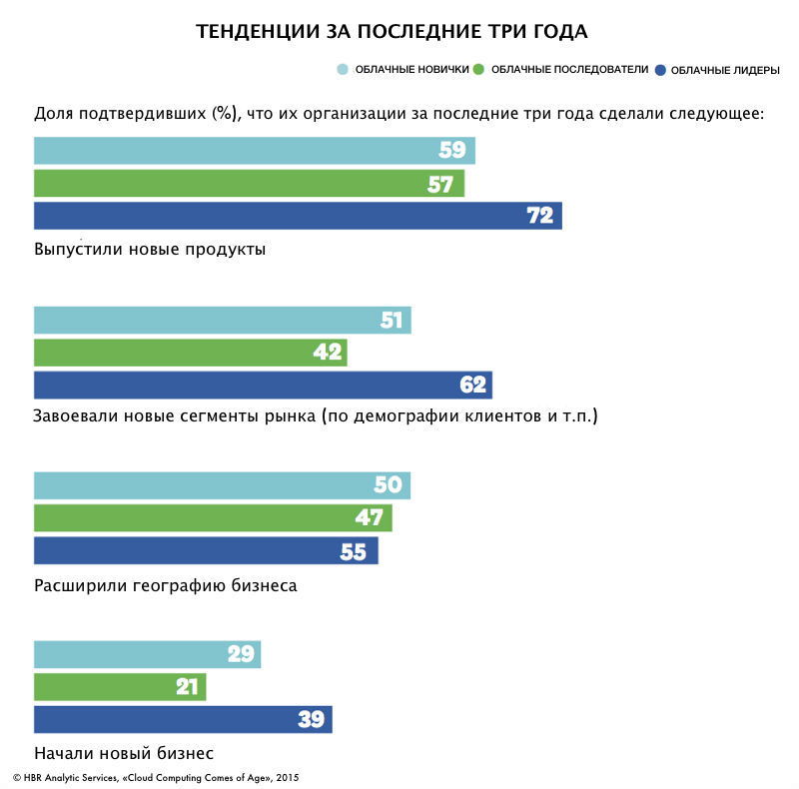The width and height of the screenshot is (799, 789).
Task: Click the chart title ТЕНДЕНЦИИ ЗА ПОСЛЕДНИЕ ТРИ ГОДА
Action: [x=392, y=32]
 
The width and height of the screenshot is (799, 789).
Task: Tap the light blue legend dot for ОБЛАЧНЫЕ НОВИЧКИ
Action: [x=343, y=70]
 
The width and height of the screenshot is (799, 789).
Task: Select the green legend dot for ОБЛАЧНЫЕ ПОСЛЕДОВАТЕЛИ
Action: [x=478, y=70]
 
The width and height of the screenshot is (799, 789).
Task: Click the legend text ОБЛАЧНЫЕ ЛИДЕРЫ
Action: [x=725, y=70]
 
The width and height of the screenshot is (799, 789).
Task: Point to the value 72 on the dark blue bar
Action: [x=539, y=216]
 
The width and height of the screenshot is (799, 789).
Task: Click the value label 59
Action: [x=452, y=151]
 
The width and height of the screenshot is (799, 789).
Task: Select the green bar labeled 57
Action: [x=249, y=184]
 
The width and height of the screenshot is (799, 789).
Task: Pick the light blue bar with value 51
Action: [x=222, y=321]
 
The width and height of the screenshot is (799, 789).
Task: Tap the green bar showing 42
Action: [x=190, y=353]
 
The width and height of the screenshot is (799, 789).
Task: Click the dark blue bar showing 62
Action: [x=263, y=386]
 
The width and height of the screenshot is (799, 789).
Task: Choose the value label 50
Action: [x=388, y=485]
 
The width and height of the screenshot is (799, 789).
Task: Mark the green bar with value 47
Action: [x=213, y=518]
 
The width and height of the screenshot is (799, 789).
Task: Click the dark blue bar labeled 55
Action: [x=206, y=551]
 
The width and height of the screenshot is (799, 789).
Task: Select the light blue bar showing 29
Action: [x=147, y=655]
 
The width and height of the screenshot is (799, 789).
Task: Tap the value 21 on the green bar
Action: [x=187, y=687]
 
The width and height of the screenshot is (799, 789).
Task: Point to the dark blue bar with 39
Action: [x=183, y=720]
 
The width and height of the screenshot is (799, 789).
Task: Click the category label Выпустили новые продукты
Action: [x=150, y=249]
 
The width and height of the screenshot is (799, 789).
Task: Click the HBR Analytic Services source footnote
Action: [x=156, y=777]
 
